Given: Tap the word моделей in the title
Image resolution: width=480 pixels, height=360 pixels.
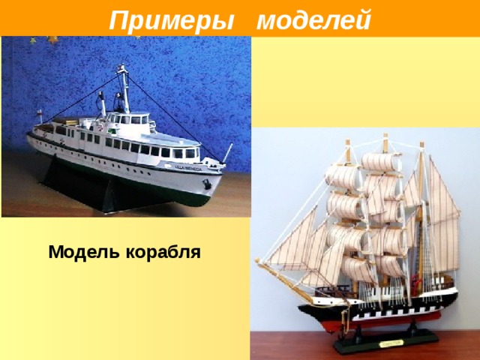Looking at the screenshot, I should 313,19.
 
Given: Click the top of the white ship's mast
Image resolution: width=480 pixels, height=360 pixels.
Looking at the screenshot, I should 121,67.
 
